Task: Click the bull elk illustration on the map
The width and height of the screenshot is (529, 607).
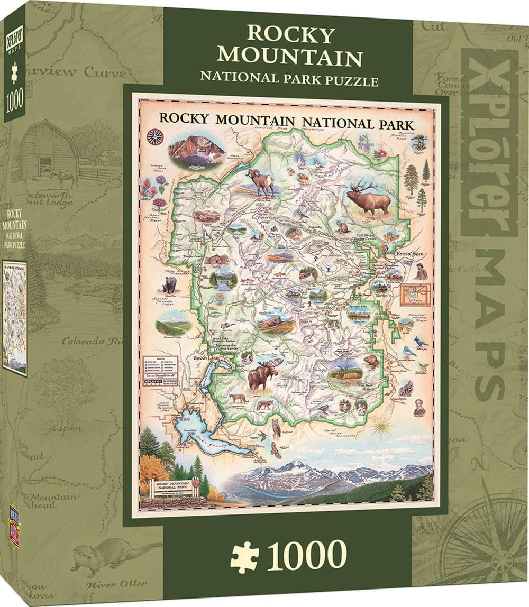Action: click(x=369, y=198)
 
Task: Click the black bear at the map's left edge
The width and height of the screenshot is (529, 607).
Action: click(x=169, y=286)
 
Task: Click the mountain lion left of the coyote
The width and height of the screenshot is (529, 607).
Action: click(x=238, y=398)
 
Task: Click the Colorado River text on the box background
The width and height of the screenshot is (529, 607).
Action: click(x=92, y=341)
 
